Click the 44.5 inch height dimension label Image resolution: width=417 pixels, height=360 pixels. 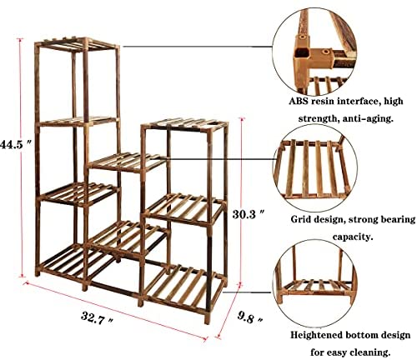click(14, 144)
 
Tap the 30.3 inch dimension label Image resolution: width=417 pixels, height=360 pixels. click(248, 214)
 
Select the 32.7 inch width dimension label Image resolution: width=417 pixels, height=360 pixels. click(97, 318)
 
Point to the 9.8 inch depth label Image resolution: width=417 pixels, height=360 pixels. click(250, 317)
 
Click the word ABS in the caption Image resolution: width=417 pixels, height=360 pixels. click(299, 101)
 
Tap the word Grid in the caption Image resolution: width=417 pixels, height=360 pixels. click(301, 219)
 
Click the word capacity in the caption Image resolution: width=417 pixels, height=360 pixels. click(353, 237)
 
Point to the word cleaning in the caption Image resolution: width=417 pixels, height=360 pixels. click(369, 352)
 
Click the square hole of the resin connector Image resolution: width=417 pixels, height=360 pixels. click(301, 52)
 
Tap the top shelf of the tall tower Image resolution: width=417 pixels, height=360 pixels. click(77, 44)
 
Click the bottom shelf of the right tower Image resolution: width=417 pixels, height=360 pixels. click(185, 287)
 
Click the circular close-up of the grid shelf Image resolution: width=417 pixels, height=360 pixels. click(315, 170)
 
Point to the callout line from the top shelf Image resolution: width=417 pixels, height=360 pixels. click(198, 47)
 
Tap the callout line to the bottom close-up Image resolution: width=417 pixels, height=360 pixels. click(247, 292)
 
